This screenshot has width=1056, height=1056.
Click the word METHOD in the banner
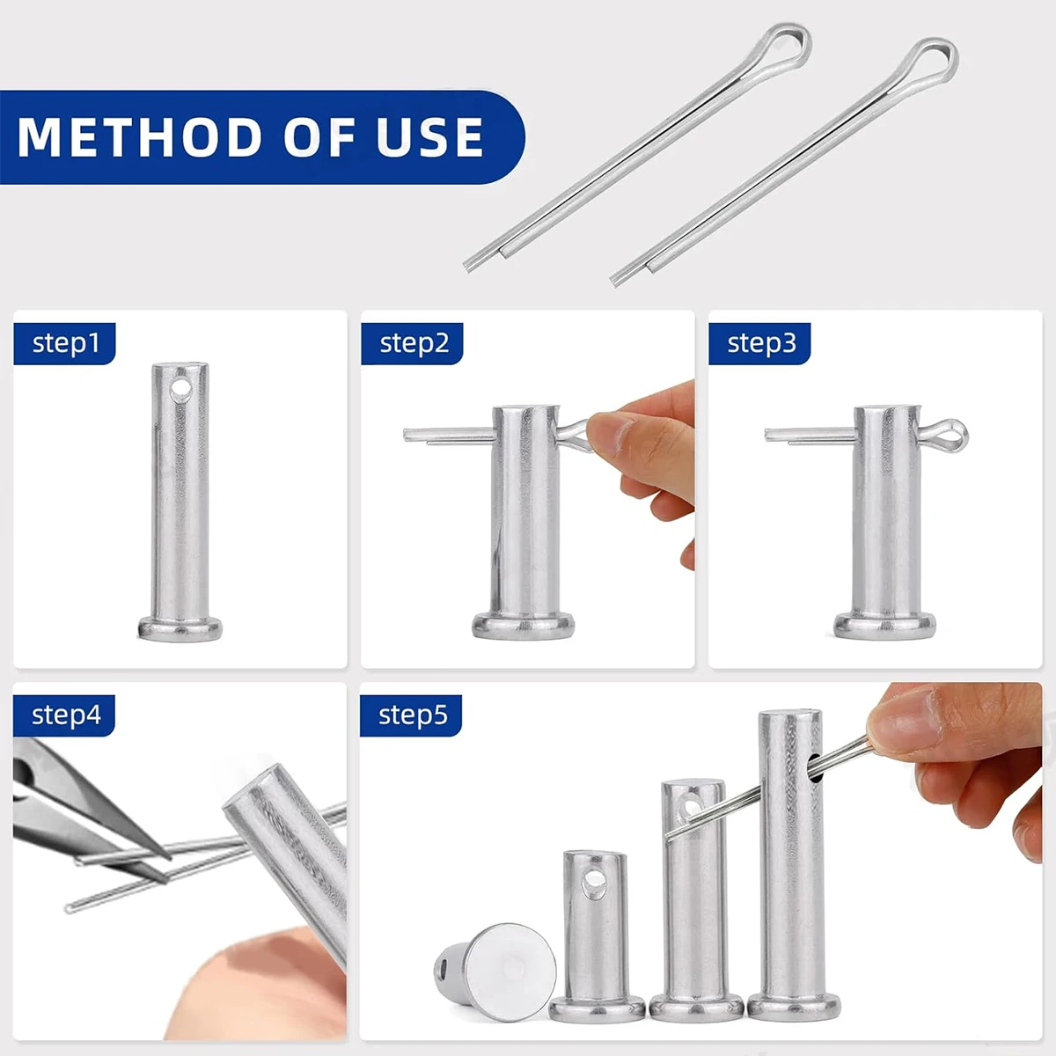(140, 136)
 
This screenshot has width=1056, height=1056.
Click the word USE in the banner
(430, 136)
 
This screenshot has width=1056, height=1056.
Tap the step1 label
(66, 343)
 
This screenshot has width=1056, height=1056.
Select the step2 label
(414, 343)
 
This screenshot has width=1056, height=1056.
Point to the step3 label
(761, 343)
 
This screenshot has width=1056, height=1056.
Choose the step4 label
(66, 715)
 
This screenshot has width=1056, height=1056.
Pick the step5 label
(413, 715)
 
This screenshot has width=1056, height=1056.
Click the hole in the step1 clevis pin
(180, 390)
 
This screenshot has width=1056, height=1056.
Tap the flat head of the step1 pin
(180, 628)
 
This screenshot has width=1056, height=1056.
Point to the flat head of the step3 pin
(884, 626)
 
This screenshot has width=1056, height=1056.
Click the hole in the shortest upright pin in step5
(594, 884)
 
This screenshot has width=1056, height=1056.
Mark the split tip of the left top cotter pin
(472, 265)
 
